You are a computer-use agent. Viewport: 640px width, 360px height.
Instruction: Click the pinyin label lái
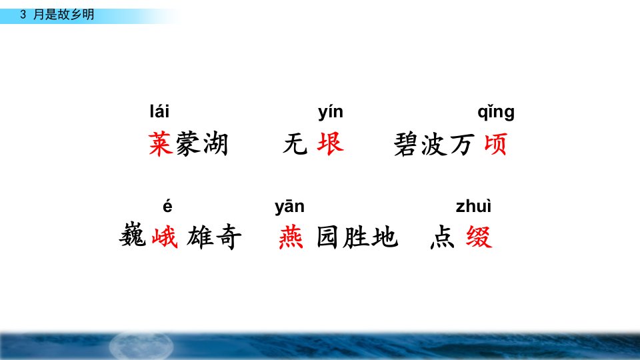pyautogui.click(x=159, y=111)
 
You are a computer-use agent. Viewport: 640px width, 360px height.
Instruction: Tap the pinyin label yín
pyautogui.click(x=331, y=112)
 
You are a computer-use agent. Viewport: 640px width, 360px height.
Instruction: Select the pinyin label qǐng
pyautogui.click(x=496, y=112)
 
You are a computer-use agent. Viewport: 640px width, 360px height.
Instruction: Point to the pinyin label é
pyautogui.click(x=167, y=206)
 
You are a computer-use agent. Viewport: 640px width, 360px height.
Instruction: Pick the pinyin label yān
pyautogui.click(x=289, y=207)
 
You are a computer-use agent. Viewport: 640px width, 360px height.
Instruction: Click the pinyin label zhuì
pyautogui.click(x=473, y=206)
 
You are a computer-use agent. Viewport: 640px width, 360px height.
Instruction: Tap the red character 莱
pyautogui.click(x=161, y=144)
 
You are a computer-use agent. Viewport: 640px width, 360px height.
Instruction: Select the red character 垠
pyautogui.click(x=330, y=144)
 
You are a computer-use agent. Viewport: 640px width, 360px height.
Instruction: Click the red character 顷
pyautogui.click(x=495, y=144)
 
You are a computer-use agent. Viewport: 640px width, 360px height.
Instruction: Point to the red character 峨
pyautogui.click(x=165, y=237)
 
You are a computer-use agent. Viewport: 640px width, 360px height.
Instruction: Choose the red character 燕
pyautogui.click(x=291, y=237)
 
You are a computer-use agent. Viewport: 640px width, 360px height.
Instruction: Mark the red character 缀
pyautogui.click(x=479, y=237)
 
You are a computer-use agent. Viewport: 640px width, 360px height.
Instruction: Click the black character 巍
pyautogui.click(x=132, y=236)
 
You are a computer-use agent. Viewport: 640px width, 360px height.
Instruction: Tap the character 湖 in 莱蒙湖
pyautogui.click(x=215, y=144)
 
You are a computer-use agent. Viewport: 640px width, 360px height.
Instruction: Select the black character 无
pyautogui.click(x=295, y=144)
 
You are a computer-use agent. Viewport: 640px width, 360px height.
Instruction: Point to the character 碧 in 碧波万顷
pyautogui.click(x=405, y=144)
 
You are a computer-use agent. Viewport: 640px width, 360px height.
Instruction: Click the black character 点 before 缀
pyautogui.click(x=443, y=237)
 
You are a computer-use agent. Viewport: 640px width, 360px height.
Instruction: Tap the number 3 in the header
pyautogui.click(x=23, y=14)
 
